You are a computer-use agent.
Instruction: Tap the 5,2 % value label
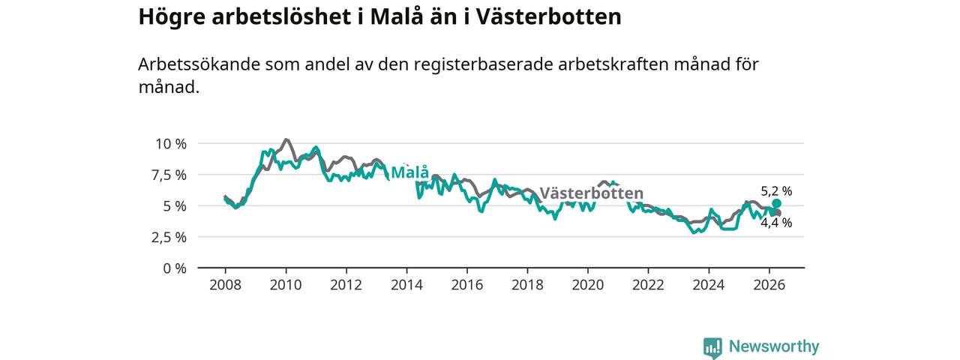[x=776, y=191]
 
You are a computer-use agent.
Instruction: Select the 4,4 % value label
[x=776, y=223]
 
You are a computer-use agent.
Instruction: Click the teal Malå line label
[x=409, y=172]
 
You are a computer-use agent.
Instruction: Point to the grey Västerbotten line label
[x=592, y=193]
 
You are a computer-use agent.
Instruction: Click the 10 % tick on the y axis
[x=171, y=144]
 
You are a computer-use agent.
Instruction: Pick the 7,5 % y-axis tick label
[x=169, y=175]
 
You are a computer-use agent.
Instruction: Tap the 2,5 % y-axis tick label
[x=169, y=238]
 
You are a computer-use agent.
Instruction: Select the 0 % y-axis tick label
[x=175, y=268]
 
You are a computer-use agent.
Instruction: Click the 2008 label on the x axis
[x=226, y=285]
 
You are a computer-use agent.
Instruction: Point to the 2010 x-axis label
[x=286, y=285]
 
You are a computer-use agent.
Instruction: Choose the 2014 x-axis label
[x=406, y=285]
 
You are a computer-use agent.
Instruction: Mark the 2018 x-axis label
[x=527, y=285]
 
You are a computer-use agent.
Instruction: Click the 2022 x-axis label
[x=649, y=285]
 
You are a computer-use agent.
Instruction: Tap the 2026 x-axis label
[x=769, y=285]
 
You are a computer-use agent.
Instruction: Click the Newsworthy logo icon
[x=712, y=348]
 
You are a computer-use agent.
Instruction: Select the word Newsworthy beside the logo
[x=774, y=346]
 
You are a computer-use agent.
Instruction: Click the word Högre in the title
[x=172, y=18]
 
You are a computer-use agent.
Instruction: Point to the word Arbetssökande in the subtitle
[x=199, y=64]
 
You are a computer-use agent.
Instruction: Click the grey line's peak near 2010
[x=286, y=139]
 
